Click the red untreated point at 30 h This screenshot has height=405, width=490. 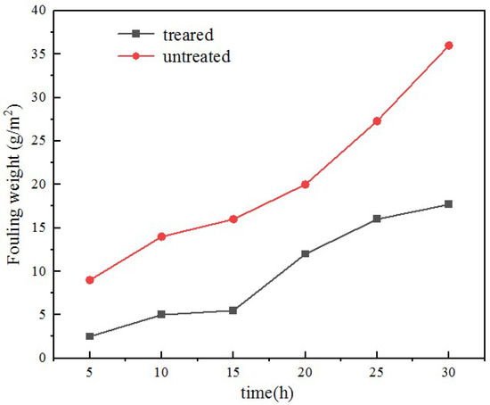pos(449,45)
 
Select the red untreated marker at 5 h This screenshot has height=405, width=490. pos(89,280)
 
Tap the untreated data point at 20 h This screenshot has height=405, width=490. pos(305,185)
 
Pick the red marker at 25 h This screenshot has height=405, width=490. pos(377,121)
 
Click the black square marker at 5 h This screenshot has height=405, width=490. pos(89,336)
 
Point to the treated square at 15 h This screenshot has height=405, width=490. pos(233,310)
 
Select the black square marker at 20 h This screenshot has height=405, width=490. pos(305,254)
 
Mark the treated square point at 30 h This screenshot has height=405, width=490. pos(449,204)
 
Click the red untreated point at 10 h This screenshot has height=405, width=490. pos(161,236)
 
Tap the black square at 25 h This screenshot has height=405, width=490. pos(377,219)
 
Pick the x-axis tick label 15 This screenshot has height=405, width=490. pos(233,374)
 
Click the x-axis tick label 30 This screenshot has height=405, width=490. pos(449,374)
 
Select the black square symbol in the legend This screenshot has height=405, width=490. pos(136,35)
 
